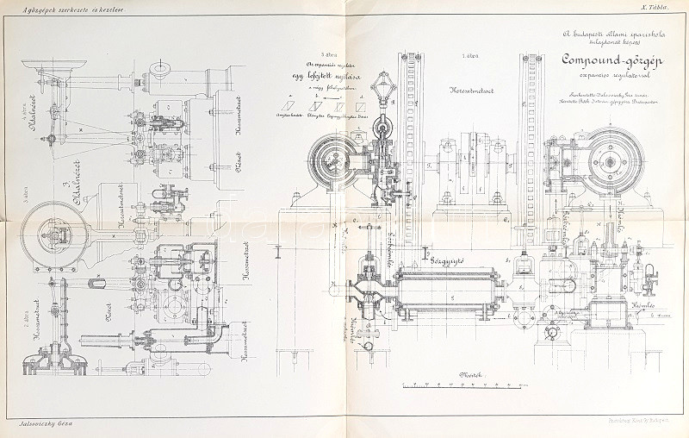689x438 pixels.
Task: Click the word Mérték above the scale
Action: (471, 373)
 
